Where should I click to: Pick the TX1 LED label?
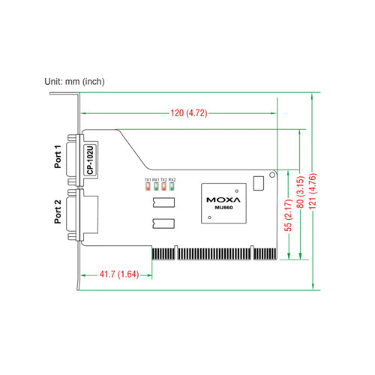point(148,180)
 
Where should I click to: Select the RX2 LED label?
point(172,180)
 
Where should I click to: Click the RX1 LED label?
point(156,180)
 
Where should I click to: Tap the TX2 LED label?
point(164,180)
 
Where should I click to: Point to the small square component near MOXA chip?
point(259,182)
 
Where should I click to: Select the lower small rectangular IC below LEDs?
point(163,223)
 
